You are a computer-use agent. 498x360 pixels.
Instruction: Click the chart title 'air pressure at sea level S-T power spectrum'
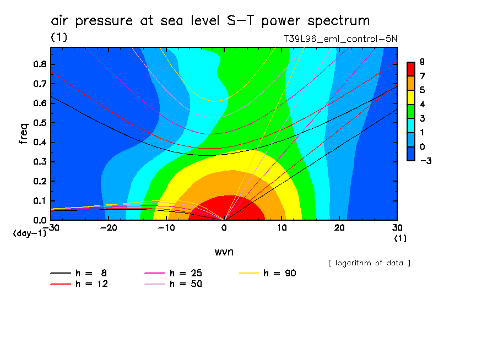[x=210, y=21]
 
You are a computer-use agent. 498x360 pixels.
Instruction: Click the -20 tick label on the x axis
[x=109, y=227]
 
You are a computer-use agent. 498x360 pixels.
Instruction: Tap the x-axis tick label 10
[x=282, y=227]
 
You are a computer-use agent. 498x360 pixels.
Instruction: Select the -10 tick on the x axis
[x=166, y=227]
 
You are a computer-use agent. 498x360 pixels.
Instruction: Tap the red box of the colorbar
[x=410, y=69]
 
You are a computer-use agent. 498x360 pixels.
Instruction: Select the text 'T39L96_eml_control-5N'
[x=340, y=39]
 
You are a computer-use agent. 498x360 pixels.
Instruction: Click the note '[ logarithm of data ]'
[x=369, y=263]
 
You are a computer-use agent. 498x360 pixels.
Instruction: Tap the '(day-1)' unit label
[x=30, y=233]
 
